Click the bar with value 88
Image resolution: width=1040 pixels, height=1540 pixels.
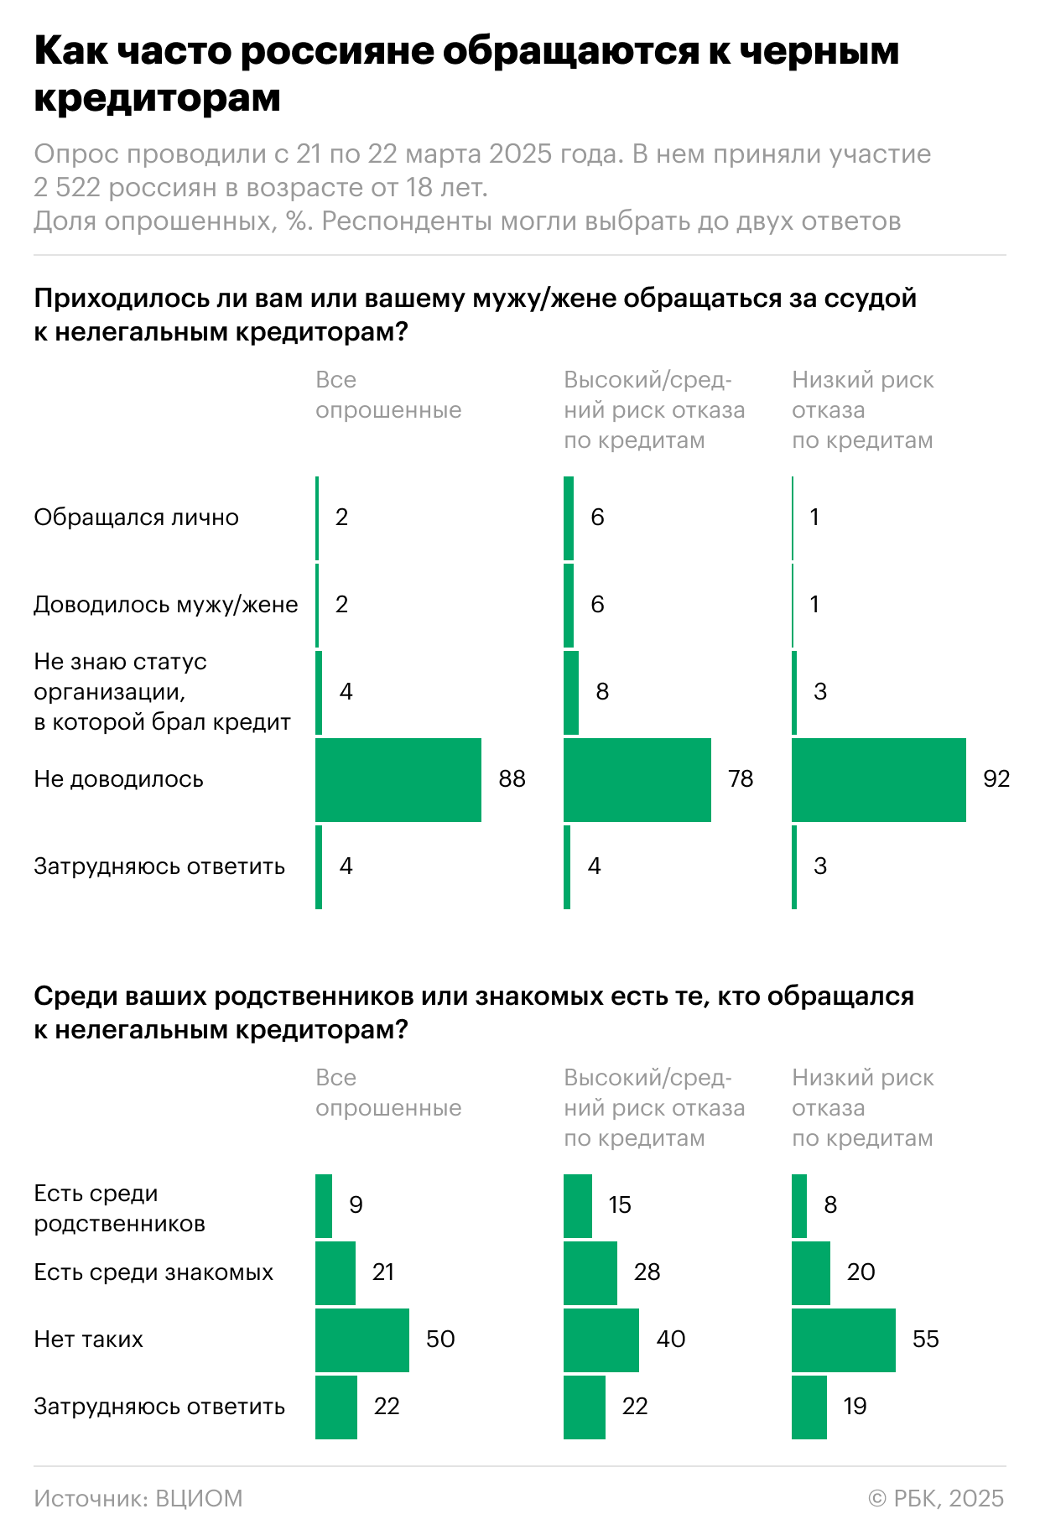pyautogui.click(x=398, y=779)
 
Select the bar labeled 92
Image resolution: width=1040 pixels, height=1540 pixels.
pyautogui.click(x=878, y=779)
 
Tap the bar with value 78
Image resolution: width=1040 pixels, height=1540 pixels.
pyautogui.click(x=637, y=779)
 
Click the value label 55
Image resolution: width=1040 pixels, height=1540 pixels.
pyautogui.click(x=925, y=1339)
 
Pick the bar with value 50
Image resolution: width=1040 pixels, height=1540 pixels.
pyautogui.click(x=361, y=1339)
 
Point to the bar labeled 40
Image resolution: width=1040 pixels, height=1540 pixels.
pyautogui.click(x=601, y=1339)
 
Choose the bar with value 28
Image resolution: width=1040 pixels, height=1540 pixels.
pyautogui.click(x=590, y=1272)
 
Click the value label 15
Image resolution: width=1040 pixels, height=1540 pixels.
pyautogui.click(x=620, y=1205)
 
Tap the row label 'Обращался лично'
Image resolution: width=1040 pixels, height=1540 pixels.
pyautogui.click(x=136, y=518)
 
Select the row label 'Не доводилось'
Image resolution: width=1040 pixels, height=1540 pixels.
pyautogui.click(x=118, y=779)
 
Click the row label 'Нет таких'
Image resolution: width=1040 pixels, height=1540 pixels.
pyautogui.click(x=88, y=1339)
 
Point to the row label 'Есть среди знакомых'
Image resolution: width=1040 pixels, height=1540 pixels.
pyautogui.click(x=153, y=1272)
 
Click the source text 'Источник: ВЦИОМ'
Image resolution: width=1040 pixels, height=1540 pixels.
pyautogui.click(x=138, y=1498)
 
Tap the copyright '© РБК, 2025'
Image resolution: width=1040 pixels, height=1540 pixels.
pyautogui.click(x=936, y=1498)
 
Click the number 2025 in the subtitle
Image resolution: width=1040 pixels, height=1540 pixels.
pyautogui.click(x=520, y=154)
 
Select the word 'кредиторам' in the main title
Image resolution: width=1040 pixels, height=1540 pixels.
pyautogui.click(x=158, y=98)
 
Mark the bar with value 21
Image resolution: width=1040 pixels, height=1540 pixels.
pyautogui.click(x=335, y=1272)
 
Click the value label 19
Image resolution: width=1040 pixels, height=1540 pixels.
pyautogui.click(x=855, y=1406)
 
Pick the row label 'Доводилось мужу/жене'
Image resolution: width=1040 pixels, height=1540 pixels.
pyautogui.click(x=165, y=605)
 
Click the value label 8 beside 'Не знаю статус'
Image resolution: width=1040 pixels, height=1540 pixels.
pyautogui.click(x=602, y=692)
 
